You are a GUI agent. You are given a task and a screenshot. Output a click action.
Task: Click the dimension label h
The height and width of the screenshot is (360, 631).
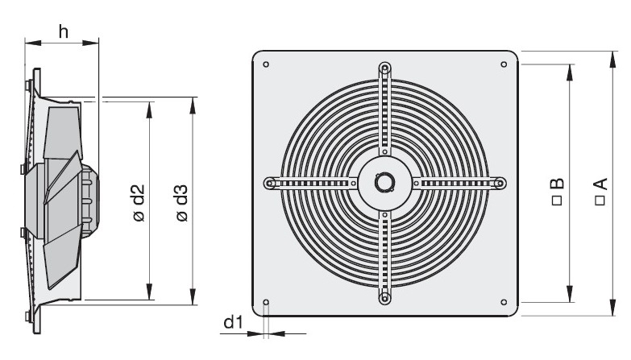pos(63,31)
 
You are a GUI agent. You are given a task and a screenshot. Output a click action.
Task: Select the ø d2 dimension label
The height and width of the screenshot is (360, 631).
pos(139,203)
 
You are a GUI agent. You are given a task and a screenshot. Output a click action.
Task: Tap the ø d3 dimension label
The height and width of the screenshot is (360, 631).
pos(182,203)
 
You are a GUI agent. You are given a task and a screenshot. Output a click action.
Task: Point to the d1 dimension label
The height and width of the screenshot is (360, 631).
pos(233,322)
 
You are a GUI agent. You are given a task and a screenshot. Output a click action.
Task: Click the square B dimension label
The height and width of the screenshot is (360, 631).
pos(557,192)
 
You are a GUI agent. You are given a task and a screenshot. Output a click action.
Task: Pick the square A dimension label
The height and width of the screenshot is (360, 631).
pos(600,192)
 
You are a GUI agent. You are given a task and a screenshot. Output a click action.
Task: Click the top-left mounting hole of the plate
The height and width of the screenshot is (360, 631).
pos(266,64)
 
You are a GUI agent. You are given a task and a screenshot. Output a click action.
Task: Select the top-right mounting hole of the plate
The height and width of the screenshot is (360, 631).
pos(504,64)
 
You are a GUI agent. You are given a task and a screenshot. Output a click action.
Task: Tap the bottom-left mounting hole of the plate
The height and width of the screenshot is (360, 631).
pos(266,302)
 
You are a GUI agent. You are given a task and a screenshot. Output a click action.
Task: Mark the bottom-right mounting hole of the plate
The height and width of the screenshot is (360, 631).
pos(504,302)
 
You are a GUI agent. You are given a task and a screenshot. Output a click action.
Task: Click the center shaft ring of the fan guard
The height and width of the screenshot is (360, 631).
pos(384,183)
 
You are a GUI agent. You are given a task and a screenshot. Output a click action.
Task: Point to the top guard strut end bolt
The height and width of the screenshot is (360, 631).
pos(384,68)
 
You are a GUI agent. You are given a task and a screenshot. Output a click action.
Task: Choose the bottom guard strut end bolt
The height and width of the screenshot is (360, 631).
pos(384,299)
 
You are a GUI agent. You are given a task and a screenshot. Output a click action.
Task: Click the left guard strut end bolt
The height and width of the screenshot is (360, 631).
pos(269,184)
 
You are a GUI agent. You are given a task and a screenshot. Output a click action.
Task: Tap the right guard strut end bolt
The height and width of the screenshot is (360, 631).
pos(500,184)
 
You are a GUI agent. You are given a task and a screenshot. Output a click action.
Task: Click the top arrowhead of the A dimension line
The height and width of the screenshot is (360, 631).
pos(613,59)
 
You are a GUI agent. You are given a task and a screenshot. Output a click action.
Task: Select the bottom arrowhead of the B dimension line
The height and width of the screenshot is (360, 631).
pos(570,294)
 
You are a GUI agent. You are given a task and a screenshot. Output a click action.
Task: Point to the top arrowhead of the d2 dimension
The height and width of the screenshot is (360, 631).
pos(149,110)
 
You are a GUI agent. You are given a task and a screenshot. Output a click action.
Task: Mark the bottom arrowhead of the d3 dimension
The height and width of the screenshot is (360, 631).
pos(193,297)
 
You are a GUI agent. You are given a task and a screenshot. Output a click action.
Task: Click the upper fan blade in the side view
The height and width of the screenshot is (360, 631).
pos(62,133)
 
